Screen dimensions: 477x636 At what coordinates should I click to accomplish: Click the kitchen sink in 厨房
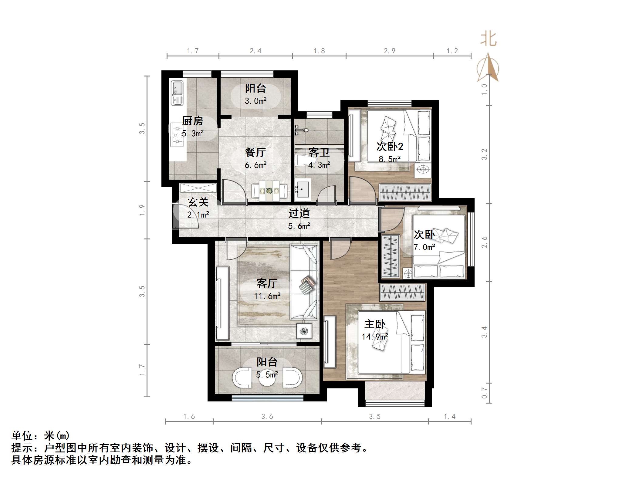tap(177, 93)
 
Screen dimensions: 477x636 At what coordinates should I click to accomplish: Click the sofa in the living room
tap(304, 282)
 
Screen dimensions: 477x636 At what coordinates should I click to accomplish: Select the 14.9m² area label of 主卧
tap(375, 337)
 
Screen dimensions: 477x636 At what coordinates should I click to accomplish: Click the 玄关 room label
tap(198, 202)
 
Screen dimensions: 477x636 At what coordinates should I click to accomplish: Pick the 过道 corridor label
tap(299, 213)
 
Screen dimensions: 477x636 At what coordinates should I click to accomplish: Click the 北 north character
tap(488, 39)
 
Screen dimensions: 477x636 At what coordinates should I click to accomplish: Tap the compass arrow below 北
tap(488, 68)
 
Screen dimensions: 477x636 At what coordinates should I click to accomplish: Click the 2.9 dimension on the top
tap(390, 51)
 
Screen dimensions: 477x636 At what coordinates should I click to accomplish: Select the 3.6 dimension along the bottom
tap(267, 417)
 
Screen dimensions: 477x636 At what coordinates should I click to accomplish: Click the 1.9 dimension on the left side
tap(142, 210)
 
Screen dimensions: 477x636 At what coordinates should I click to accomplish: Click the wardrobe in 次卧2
tap(405, 192)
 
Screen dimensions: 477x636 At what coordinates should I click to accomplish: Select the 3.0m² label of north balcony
tap(255, 101)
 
